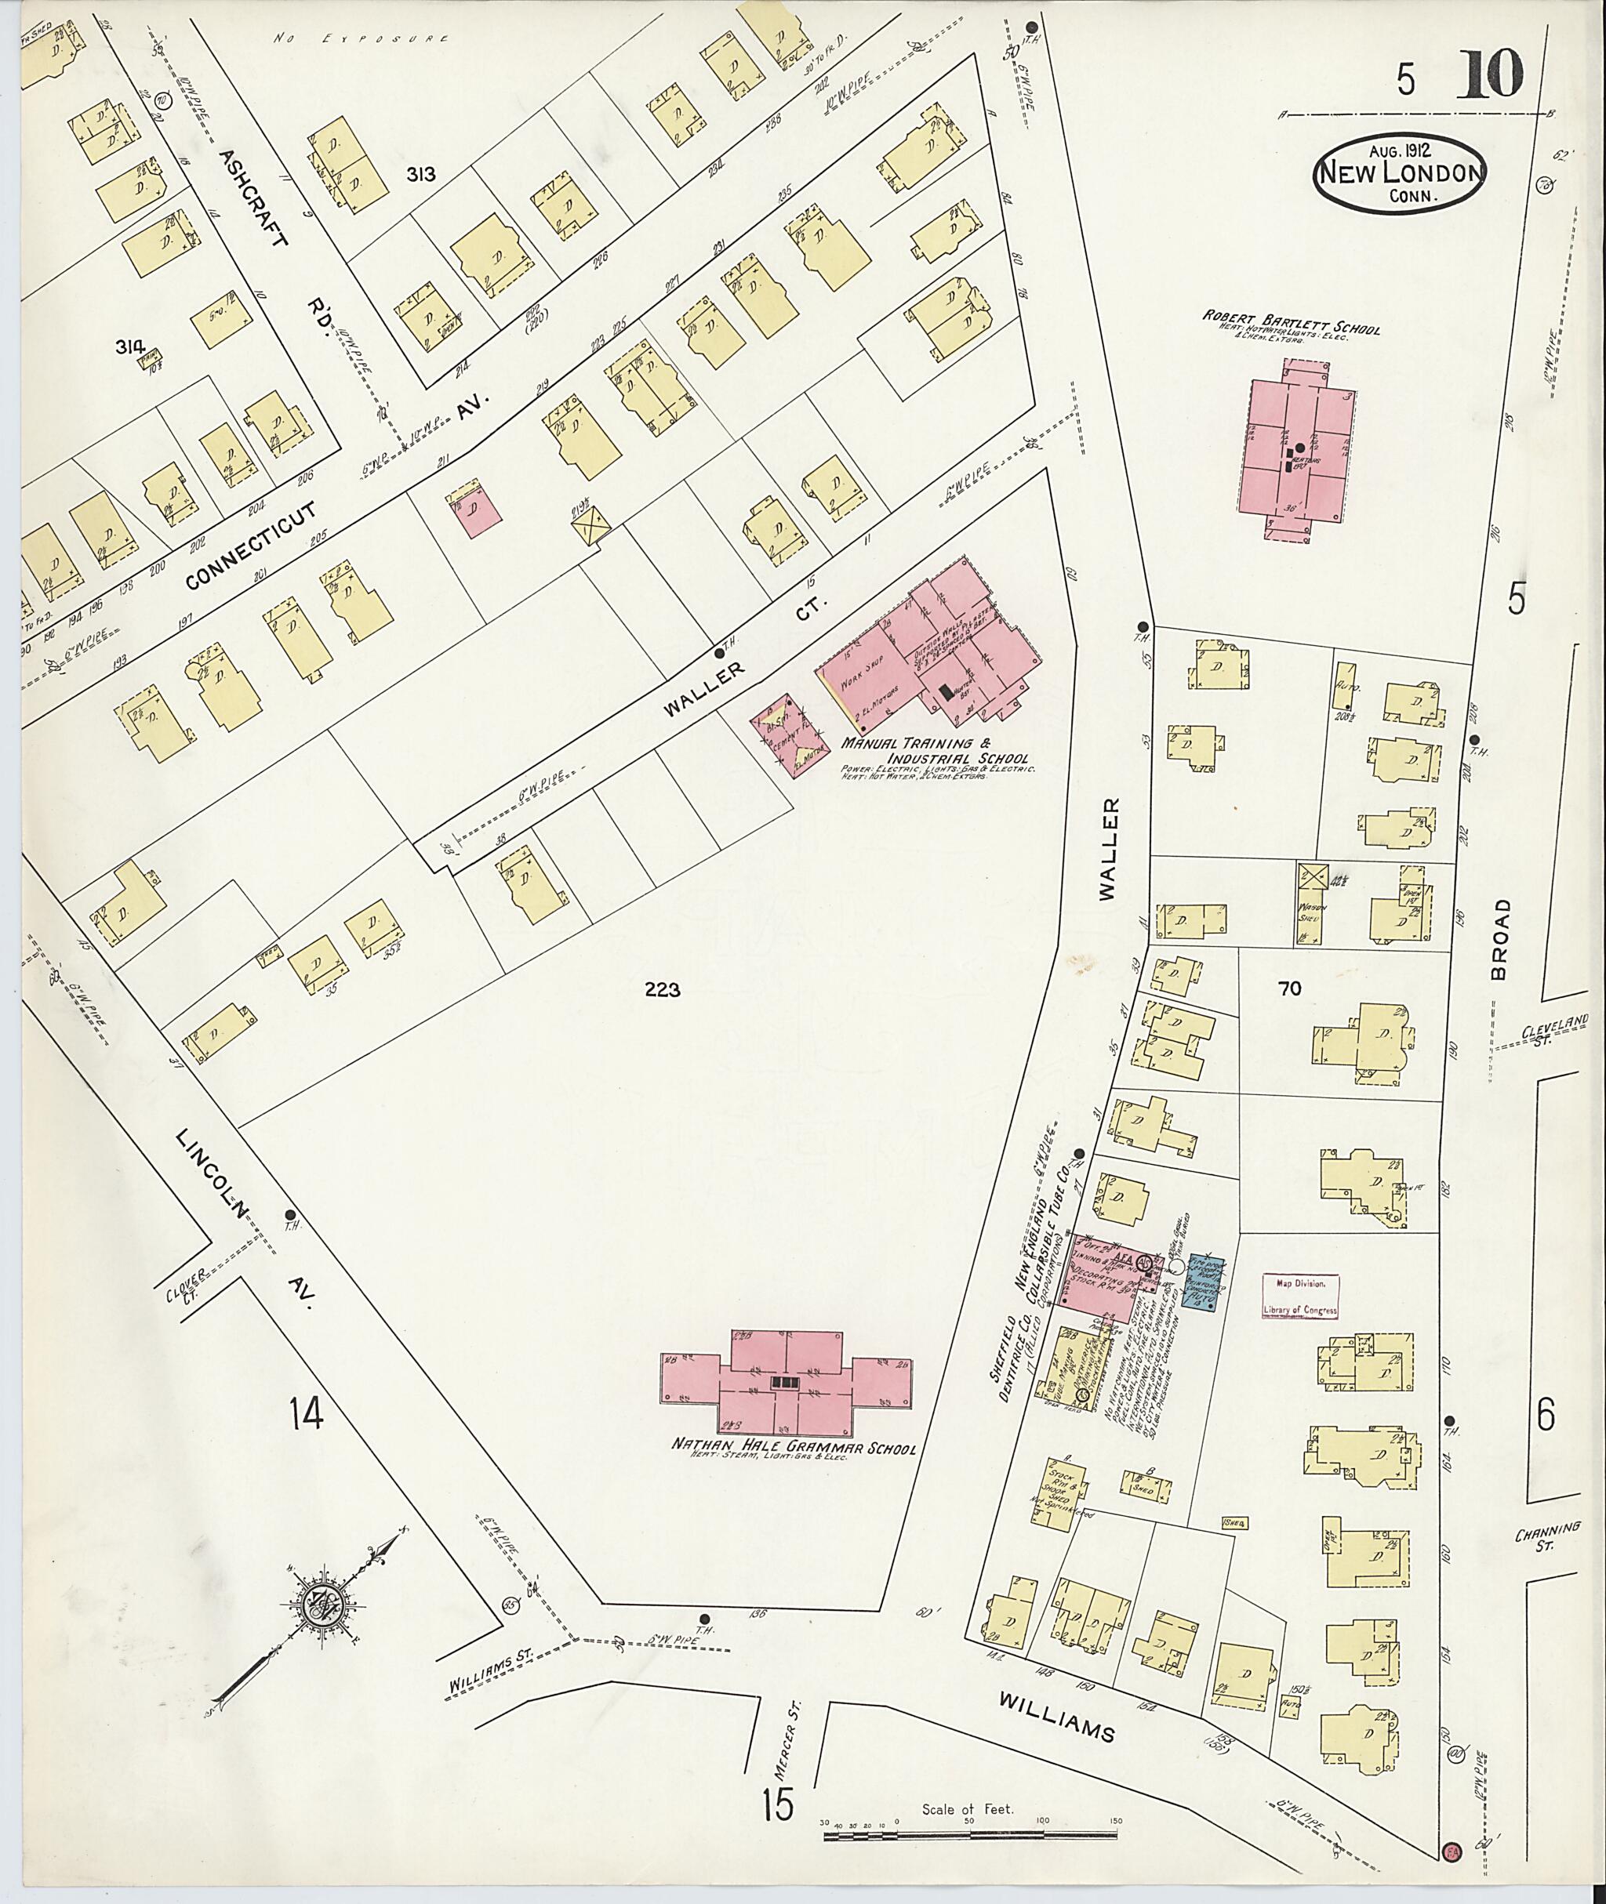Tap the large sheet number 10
(1493, 74)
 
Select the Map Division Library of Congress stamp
(1300, 1296)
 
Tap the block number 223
(662, 990)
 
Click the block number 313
(422, 174)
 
